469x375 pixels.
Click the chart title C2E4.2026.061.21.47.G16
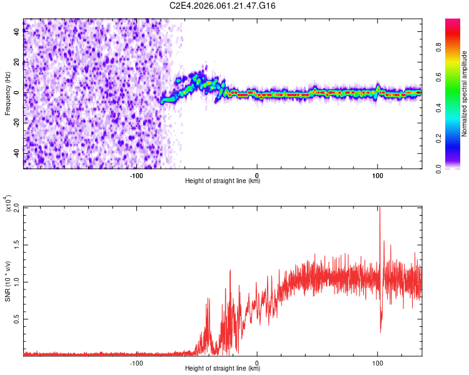(x=223, y=6)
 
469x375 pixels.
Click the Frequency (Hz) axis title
(x=8, y=94)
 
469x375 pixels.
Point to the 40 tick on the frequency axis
(x=17, y=32)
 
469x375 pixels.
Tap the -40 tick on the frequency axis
(x=17, y=153)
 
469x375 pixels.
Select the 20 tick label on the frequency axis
(x=17, y=62)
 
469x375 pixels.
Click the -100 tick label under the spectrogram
(x=136, y=176)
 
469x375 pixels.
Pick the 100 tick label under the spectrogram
(x=378, y=176)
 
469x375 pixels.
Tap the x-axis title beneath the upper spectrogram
(x=223, y=182)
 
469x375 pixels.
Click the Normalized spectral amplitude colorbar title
(x=464, y=94)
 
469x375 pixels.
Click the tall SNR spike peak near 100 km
(x=380, y=208)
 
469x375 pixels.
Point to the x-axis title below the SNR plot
(x=223, y=368)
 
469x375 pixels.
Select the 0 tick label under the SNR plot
(x=257, y=362)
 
